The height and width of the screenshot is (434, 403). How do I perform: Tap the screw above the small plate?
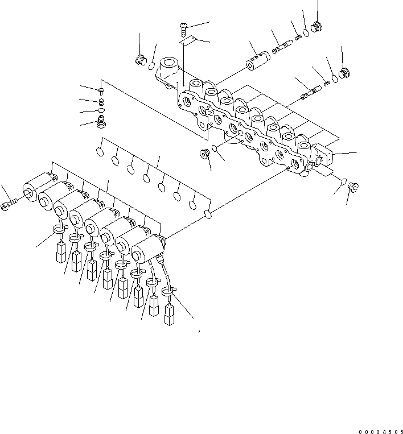[184, 25]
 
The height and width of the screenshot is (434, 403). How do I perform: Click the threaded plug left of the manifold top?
[139, 60]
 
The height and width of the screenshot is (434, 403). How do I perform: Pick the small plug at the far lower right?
[352, 186]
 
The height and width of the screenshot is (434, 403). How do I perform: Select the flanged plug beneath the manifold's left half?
[203, 154]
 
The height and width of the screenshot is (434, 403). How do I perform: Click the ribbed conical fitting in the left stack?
[102, 122]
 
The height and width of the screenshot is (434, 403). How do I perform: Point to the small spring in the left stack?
[101, 102]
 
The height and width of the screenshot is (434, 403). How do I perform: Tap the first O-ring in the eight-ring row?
[99, 152]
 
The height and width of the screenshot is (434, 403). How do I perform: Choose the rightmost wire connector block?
[168, 315]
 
